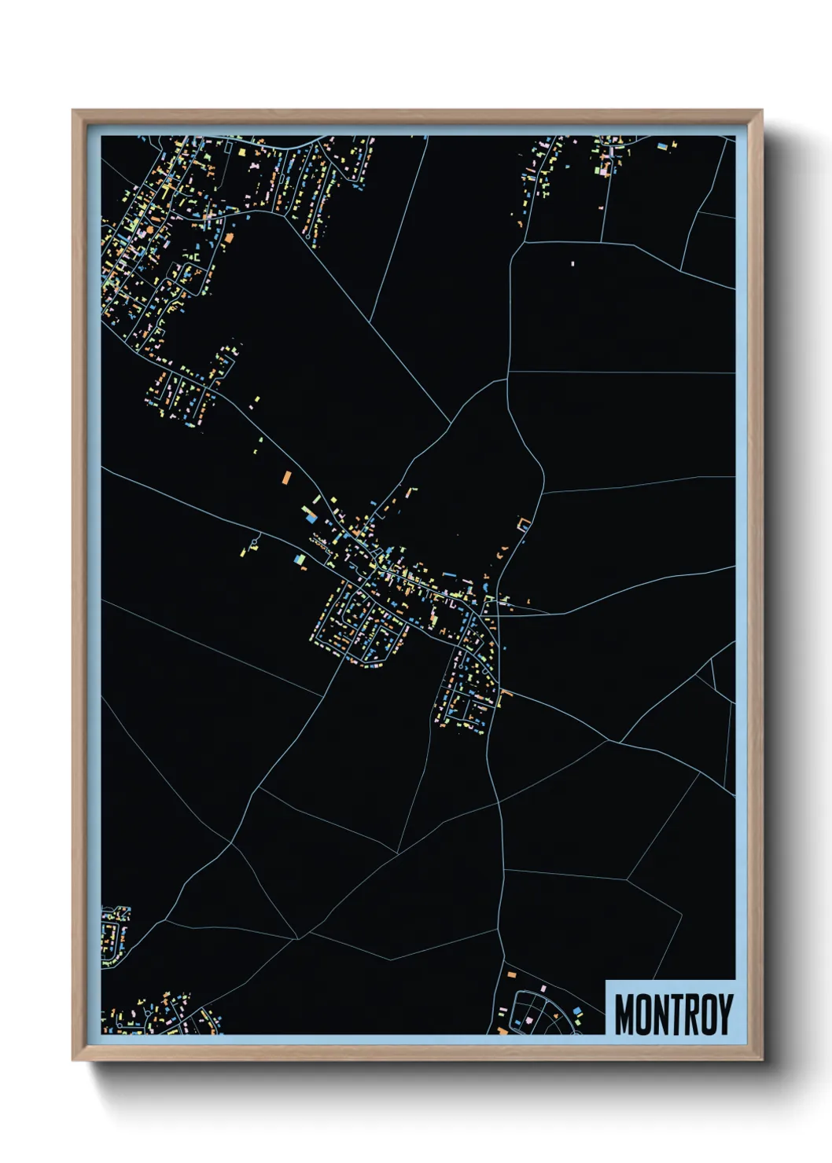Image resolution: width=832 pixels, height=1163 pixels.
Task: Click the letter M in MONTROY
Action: [625, 1014]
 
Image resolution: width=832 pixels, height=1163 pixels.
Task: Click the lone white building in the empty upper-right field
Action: [572, 263]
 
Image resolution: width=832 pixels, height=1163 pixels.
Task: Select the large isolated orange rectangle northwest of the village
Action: [287, 476]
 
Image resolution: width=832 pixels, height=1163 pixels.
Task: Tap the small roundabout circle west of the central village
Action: [256, 542]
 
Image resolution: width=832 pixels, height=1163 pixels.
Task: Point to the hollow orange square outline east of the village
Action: [523, 523]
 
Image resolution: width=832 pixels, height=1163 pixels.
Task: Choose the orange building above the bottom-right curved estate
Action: [512, 974]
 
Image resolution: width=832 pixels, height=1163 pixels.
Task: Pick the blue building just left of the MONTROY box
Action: [577, 1011]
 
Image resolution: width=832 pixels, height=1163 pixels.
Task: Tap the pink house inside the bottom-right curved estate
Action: [529, 1021]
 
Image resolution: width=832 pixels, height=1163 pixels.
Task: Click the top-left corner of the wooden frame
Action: [73, 111]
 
